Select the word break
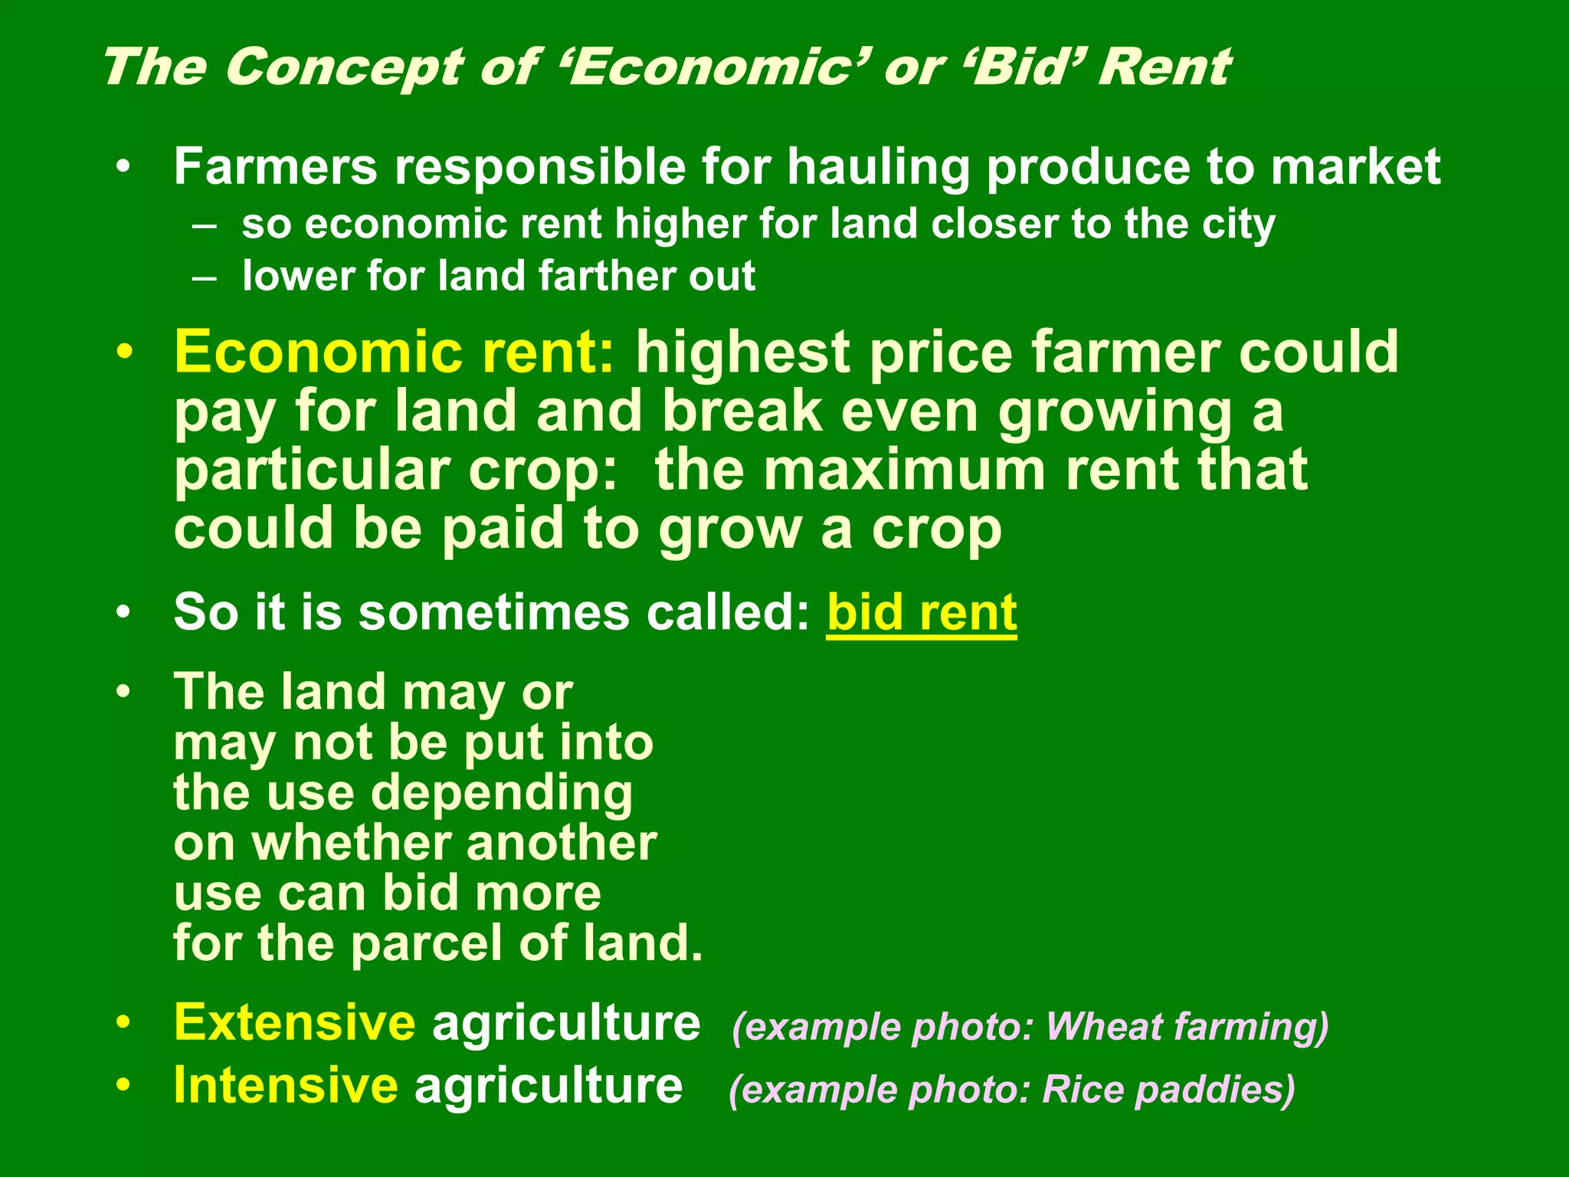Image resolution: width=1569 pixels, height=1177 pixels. (742, 411)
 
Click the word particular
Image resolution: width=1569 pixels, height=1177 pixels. (312, 472)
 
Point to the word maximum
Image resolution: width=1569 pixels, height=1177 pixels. (903, 470)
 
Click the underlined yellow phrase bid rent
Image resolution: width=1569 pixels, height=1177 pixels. (922, 614)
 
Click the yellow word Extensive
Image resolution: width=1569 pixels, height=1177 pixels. (295, 1023)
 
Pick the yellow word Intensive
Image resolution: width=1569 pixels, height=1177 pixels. (286, 1086)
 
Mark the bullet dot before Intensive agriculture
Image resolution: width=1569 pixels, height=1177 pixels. (123, 1086)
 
